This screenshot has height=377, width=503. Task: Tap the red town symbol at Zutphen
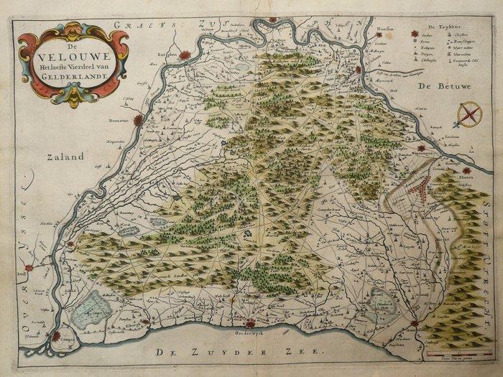185,55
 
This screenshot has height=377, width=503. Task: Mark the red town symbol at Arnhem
378,33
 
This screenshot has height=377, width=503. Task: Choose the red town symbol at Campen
55,335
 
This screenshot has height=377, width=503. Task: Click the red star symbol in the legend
415,34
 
